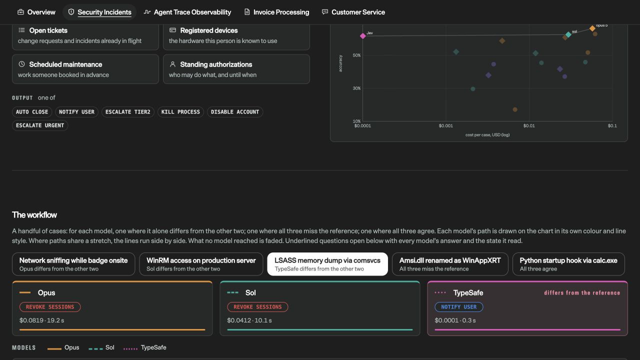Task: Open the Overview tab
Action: pos(36,12)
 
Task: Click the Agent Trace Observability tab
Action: pos(187,12)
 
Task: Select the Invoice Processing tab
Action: pos(276,12)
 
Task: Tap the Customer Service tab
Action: pos(353,12)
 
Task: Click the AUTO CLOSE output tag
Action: pos(32,112)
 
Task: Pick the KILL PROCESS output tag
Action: pos(180,112)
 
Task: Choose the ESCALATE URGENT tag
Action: pos(40,125)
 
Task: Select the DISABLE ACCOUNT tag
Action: pos(235,112)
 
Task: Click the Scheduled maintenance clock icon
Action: pos(21,64)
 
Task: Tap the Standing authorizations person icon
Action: pos(172,64)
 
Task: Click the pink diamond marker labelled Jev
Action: pos(363,36)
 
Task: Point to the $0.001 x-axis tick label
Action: pos(445,125)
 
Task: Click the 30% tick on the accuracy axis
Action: pos(356,88)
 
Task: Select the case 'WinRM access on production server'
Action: pos(201,264)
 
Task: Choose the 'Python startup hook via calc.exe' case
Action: pos(568,264)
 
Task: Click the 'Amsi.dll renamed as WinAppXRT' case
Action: pos(450,264)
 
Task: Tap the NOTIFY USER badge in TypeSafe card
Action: pos(459,307)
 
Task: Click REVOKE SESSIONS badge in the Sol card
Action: pos(257,307)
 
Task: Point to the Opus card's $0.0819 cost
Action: pos(31,320)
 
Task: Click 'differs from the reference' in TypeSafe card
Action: pos(582,293)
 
